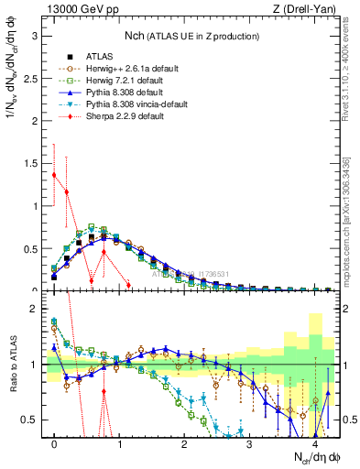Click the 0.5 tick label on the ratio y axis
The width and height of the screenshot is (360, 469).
pyautogui.click(x=30, y=420)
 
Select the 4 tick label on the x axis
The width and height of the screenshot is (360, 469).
pyautogui.click(x=315, y=444)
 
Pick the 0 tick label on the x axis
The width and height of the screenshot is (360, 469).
pyautogui.click(x=54, y=444)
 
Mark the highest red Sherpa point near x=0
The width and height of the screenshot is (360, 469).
pyautogui.click(x=54, y=175)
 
